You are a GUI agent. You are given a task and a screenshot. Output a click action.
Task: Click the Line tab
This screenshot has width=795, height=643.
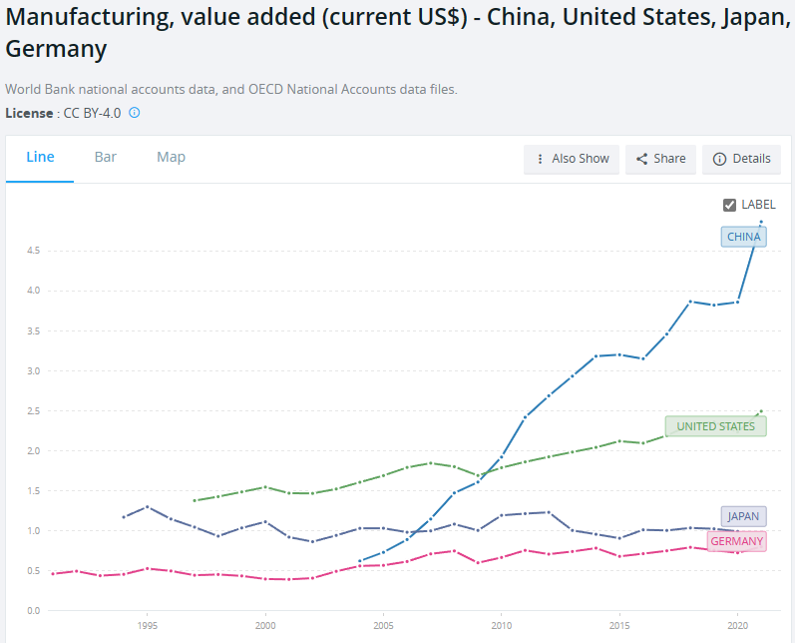click(x=40, y=157)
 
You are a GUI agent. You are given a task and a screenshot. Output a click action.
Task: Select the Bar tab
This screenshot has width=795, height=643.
click(x=106, y=157)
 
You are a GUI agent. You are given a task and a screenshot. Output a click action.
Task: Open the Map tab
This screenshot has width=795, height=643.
click(x=171, y=157)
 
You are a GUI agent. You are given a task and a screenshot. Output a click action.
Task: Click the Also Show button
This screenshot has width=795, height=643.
click(x=572, y=159)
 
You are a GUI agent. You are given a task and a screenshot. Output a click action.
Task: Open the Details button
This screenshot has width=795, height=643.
click(x=741, y=159)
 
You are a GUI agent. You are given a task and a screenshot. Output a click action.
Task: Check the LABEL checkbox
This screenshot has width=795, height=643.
click(x=730, y=205)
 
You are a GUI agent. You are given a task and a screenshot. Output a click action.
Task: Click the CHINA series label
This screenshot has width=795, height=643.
click(x=743, y=237)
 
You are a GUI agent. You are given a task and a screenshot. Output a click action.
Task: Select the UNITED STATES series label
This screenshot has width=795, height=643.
click(x=715, y=426)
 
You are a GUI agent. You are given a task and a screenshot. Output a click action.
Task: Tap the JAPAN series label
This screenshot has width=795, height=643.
click(x=743, y=516)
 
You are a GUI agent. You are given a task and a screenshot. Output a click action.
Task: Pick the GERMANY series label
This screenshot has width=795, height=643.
click(x=736, y=541)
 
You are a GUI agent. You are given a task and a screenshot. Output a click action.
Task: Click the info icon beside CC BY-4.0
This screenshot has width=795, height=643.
click(x=135, y=113)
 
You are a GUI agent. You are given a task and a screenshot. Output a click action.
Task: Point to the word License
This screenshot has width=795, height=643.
click(x=29, y=113)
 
